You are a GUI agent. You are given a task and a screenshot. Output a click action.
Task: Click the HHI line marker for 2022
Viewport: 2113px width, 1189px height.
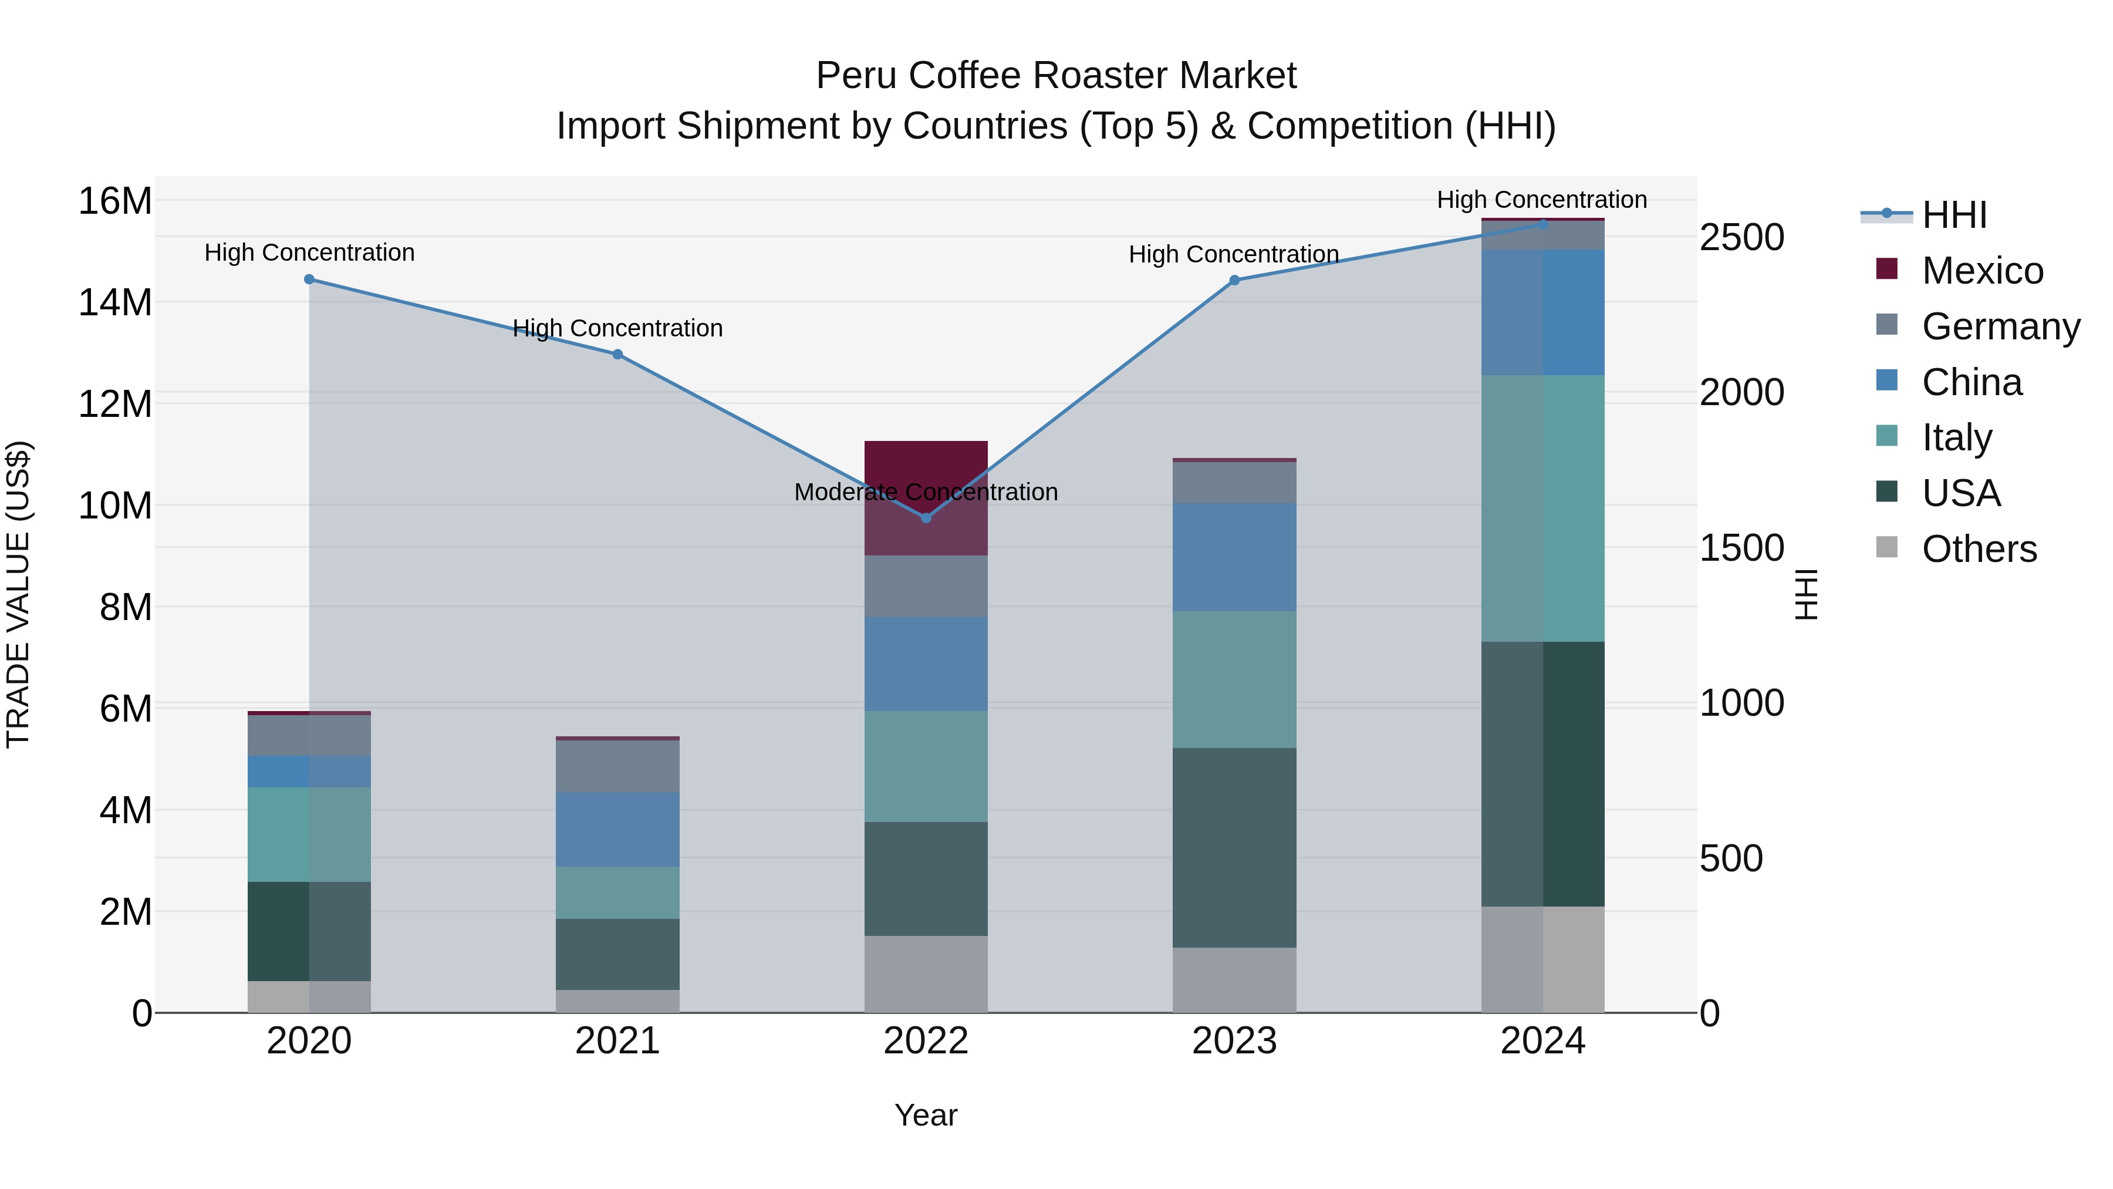tap(926, 518)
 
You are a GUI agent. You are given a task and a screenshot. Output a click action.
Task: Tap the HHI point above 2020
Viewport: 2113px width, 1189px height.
tap(309, 279)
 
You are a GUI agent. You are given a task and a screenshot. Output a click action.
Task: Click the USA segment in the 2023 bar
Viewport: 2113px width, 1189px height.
tap(1234, 848)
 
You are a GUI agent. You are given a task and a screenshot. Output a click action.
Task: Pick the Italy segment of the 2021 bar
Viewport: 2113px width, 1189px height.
tap(617, 892)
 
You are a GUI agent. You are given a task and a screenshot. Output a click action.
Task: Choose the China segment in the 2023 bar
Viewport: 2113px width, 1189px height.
tap(1234, 557)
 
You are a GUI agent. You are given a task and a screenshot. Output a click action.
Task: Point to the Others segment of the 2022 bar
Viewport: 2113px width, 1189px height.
tap(926, 974)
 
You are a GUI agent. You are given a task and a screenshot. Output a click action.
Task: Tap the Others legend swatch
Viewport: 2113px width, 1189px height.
tap(1886, 547)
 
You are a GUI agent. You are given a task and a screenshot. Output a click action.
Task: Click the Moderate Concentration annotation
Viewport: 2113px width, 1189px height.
tap(926, 491)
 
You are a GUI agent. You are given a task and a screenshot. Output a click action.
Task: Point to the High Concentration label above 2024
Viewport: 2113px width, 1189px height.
tap(1541, 200)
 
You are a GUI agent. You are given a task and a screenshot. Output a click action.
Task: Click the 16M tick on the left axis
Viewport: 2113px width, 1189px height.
tap(115, 201)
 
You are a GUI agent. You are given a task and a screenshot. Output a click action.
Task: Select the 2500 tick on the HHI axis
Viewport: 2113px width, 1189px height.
tap(1741, 237)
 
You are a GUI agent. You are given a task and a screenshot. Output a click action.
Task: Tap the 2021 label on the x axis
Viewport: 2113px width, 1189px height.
tap(617, 1041)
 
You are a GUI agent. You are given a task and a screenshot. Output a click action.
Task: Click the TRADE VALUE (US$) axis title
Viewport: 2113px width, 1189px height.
tap(18, 594)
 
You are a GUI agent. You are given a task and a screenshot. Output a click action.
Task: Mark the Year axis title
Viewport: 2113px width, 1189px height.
tap(926, 1115)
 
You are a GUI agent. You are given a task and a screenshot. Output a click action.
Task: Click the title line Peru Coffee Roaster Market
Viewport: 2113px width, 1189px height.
tap(1056, 76)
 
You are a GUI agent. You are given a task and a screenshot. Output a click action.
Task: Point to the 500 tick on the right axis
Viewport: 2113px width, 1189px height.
tap(1731, 858)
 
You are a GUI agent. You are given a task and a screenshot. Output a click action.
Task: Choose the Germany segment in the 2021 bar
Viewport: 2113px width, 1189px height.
tap(617, 766)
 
